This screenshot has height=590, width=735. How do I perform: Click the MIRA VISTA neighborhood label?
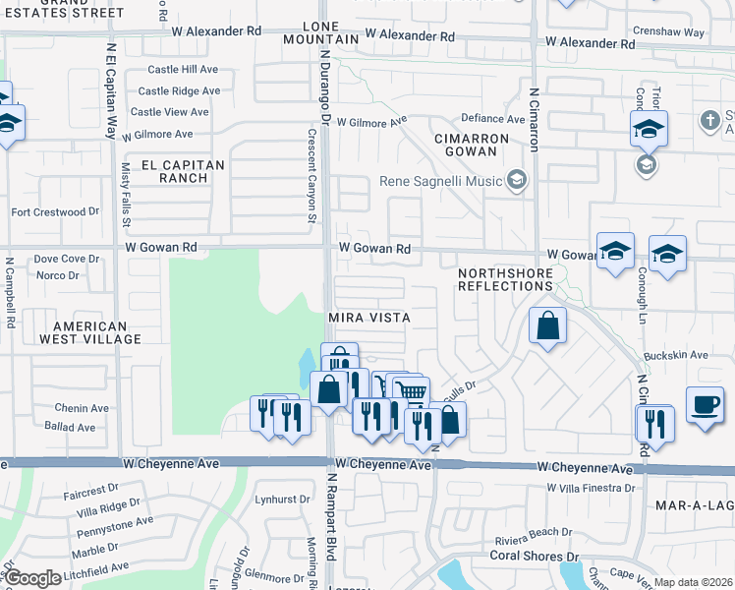click(x=367, y=319)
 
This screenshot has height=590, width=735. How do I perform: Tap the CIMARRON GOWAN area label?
click(x=474, y=146)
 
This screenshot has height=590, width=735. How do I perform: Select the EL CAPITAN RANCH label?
click(x=183, y=171)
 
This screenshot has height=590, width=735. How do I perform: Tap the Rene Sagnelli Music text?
click(x=440, y=181)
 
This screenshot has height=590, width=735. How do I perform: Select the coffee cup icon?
click(x=705, y=404)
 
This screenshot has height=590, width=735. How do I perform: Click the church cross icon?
click(x=709, y=120)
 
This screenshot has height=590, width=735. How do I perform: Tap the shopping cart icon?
click(x=413, y=392)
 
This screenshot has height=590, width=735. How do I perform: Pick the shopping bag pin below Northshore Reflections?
click(x=547, y=325)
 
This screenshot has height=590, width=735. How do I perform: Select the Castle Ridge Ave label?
click(x=179, y=90)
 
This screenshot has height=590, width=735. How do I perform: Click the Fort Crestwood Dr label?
click(x=55, y=211)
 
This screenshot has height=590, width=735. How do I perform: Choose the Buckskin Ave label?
click(x=676, y=355)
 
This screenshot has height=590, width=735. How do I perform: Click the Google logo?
click(x=31, y=579)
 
